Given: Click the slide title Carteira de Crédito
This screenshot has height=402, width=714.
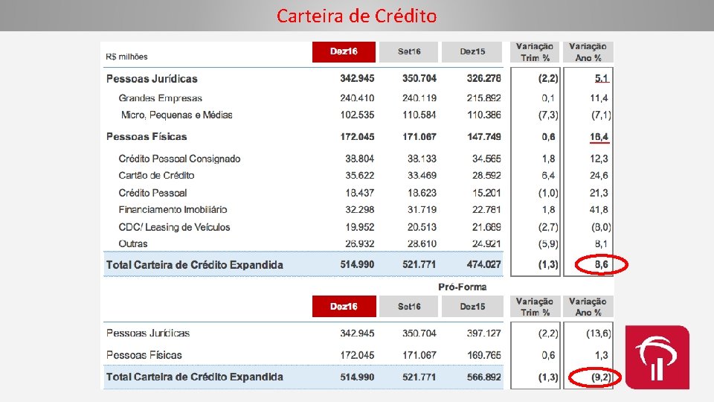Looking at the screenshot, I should click(356, 16).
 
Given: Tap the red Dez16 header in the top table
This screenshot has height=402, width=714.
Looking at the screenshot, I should click(344, 51).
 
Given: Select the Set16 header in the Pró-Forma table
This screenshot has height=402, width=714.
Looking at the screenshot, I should click(409, 307).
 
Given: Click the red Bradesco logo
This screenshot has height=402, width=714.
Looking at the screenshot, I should click(657, 357).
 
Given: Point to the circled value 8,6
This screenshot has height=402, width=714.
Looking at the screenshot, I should click(602, 264).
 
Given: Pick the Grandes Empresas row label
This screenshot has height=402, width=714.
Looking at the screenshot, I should click(160, 98).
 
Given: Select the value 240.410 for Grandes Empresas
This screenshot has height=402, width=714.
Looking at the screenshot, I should click(357, 98).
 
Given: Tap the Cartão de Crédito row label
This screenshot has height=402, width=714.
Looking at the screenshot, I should click(156, 176).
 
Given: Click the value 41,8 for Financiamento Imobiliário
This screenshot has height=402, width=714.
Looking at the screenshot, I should click(599, 210).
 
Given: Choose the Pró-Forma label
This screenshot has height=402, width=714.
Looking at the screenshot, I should click(462, 287).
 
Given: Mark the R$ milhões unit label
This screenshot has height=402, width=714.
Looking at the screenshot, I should click(127, 57).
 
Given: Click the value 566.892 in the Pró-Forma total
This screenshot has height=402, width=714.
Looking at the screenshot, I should click(483, 377).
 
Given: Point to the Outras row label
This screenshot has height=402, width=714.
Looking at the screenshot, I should click(133, 244).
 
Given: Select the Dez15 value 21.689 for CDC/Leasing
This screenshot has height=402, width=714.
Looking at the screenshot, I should click(486, 227).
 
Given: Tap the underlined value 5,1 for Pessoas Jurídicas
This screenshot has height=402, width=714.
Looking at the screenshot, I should click(602, 78).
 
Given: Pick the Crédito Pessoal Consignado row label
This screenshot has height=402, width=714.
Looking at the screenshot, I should click(179, 159).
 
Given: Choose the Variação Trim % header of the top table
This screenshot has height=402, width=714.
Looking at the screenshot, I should click(535, 52).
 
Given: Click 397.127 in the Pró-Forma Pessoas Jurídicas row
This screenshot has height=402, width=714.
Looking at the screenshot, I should click(483, 334).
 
